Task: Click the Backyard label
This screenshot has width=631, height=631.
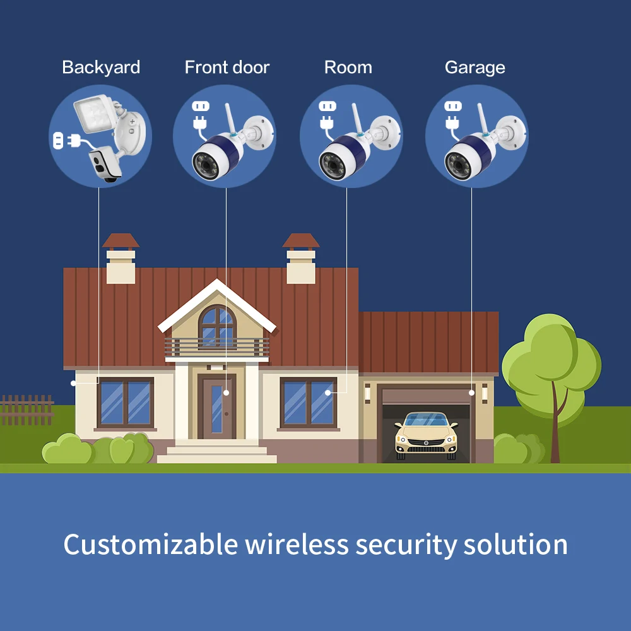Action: (101, 68)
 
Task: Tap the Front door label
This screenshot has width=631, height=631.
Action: (227, 68)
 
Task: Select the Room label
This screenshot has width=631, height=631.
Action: (348, 68)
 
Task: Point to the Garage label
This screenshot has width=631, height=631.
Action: (475, 68)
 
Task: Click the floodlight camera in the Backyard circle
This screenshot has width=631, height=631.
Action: (109, 137)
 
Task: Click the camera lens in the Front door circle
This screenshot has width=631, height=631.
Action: (207, 165)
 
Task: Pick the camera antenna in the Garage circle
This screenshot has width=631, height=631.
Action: (481, 119)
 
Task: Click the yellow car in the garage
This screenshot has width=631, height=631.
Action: (426, 435)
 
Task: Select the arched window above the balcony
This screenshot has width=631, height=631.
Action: (217, 326)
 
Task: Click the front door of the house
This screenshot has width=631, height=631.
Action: (217, 406)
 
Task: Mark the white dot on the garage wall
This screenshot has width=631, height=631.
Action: (471, 392)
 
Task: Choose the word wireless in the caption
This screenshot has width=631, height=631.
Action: (297, 545)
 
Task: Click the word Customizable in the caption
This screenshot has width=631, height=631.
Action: (151, 545)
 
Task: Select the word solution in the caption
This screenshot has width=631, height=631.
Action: (516, 545)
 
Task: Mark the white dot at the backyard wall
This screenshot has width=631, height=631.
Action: (73, 383)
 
